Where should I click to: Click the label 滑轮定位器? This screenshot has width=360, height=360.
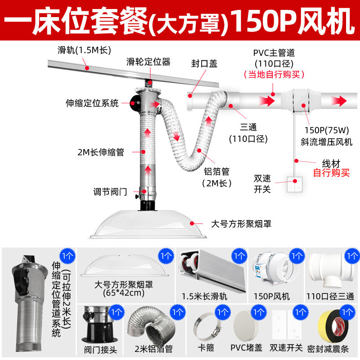click(x=148, y=62)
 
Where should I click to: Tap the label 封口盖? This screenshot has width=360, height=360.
click(x=204, y=64)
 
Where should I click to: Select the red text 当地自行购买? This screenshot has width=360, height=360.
click(x=274, y=74)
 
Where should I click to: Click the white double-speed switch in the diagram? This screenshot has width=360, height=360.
click(x=297, y=185)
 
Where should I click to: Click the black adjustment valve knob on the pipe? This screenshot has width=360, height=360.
click(x=137, y=193)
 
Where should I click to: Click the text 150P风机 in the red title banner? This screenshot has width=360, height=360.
click(x=294, y=19)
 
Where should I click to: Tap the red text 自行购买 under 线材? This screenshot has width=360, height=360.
click(x=331, y=172)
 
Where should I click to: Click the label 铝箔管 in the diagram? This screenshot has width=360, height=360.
click(x=216, y=171)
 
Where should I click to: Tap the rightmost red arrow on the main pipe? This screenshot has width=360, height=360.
click(x=345, y=99)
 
